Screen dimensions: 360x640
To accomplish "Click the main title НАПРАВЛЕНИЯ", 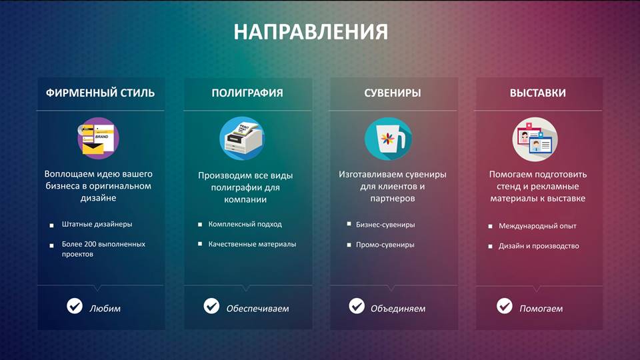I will click(311, 32).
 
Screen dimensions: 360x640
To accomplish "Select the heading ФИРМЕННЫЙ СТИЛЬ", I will click(100, 93).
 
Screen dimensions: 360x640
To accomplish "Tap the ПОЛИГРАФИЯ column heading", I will click(247, 93).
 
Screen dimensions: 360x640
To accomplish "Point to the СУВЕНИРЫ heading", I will click(393, 93).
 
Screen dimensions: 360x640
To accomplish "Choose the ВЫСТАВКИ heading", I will click(538, 93).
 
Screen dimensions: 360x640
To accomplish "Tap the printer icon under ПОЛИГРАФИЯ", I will click(242, 138).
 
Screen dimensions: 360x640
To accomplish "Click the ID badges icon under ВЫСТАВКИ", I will click(535, 139).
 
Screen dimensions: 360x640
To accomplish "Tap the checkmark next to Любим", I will click(75, 306).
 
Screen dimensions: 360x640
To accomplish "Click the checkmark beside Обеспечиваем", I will click(211, 306).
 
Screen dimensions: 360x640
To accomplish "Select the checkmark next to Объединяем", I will click(357, 306).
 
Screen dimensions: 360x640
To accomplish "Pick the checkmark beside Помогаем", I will click(505, 306).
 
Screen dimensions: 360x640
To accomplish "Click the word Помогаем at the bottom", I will click(541, 309).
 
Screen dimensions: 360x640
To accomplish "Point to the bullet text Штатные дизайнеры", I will click(97, 224).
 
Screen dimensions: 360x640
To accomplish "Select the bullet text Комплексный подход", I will click(245, 224).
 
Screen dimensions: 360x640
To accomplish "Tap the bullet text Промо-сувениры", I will click(385, 245).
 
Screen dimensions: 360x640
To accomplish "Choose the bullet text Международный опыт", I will click(537, 226).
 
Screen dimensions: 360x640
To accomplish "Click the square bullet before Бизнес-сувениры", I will click(349, 224).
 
